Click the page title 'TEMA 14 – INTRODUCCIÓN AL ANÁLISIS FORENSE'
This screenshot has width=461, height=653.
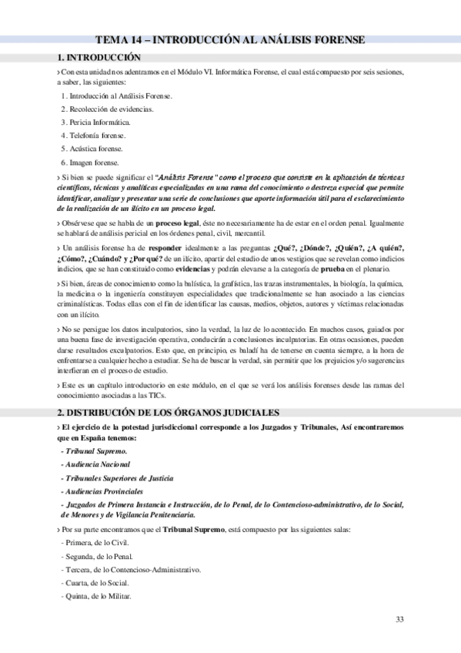pyautogui.click(x=230, y=41)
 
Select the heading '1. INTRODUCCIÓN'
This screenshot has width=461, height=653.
pyautogui.click(x=99, y=57)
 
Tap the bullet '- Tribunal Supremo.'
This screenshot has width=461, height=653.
pyautogui.click(x=94, y=450)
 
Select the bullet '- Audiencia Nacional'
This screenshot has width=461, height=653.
pyautogui.click(x=95, y=464)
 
